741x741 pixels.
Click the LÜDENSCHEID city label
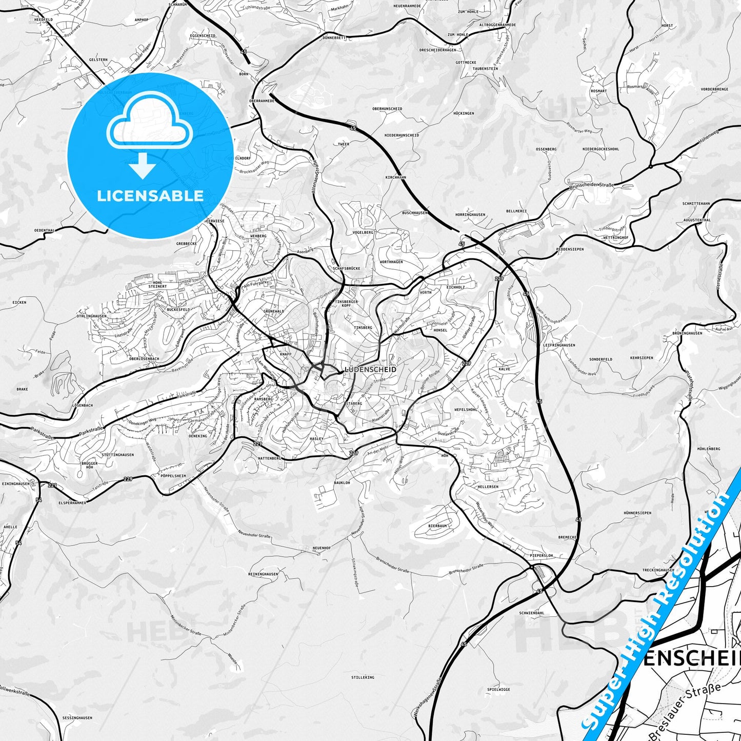pos(370,369)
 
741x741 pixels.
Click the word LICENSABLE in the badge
pos(150,196)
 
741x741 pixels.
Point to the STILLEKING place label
pos(363,677)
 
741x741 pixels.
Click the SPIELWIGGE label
pos(498,689)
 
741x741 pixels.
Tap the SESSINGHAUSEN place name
pos(77,718)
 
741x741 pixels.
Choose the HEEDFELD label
pos(44,19)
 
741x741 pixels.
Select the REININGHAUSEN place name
pos(263,574)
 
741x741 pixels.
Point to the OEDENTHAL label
pos(44,231)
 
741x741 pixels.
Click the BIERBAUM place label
pos(437,526)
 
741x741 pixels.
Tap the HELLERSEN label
pos(488,487)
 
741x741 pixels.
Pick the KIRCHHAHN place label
pos(395,177)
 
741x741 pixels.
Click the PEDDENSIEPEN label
pos(570,249)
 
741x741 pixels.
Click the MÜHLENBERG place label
pos(709,449)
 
